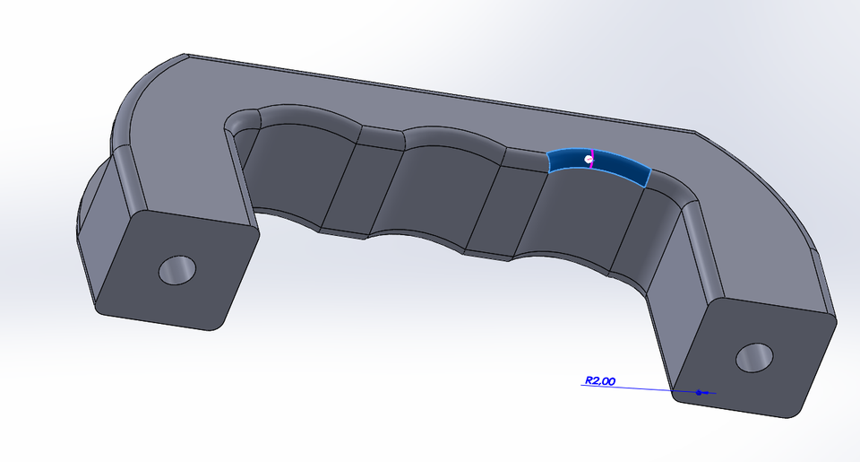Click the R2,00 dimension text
click(599, 381)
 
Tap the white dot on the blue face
click(589, 159)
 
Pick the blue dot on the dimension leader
click(699, 392)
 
